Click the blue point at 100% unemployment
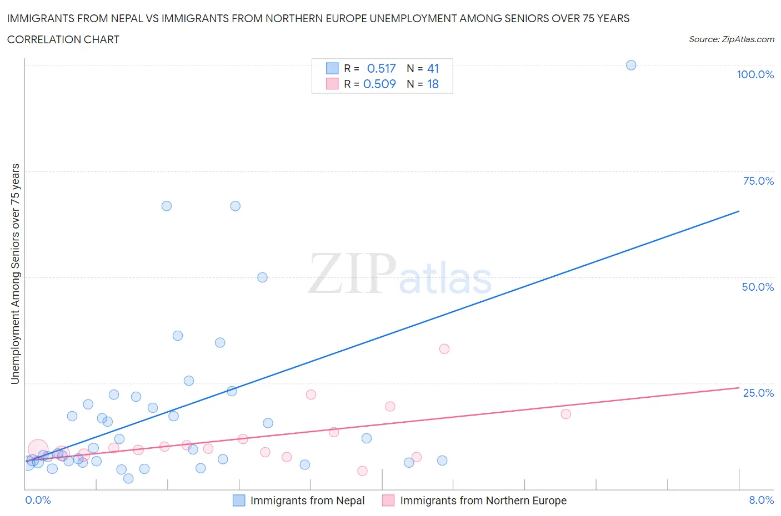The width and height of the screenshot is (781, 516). (631, 65)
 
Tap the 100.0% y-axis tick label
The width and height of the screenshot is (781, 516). (755, 74)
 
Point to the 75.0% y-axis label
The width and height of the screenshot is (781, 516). (758, 181)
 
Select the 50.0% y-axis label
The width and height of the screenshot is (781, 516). (758, 287)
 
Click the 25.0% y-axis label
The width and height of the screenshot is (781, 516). (758, 393)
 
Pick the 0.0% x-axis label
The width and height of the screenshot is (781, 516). (38, 500)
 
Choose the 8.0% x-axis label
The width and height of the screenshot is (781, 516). (761, 500)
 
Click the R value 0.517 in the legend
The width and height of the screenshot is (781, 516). (381, 68)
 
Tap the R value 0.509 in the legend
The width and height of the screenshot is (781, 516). (379, 84)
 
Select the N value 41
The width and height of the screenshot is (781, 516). (433, 68)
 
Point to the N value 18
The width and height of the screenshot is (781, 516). (433, 84)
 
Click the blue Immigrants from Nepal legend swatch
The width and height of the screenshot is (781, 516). (239, 500)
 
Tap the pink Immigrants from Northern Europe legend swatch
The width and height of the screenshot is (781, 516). (388, 500)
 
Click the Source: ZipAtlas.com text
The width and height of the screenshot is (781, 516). (731, 39)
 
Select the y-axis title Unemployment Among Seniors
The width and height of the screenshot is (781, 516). (15, 274)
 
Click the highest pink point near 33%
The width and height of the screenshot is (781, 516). (444, 349)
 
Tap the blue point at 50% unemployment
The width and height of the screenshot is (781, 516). (262, 277)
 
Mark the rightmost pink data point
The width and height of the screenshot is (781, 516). (565, 414)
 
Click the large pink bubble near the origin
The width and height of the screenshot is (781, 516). (38, 449)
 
